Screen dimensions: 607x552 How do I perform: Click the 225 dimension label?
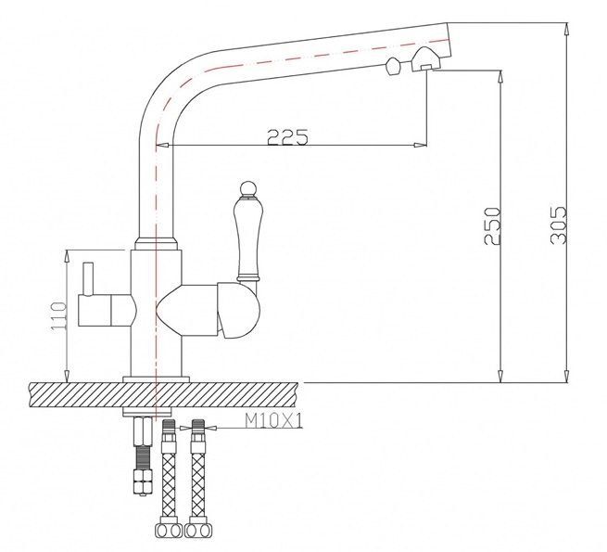(x=287, y=136)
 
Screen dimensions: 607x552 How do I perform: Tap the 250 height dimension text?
(x=492, y=226)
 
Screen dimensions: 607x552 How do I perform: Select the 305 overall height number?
(x=558, y=225)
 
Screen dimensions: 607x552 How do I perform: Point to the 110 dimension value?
(x=58, y=315)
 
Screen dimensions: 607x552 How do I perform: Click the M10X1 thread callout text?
(x=273, y=420)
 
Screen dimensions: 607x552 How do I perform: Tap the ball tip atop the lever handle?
(x=247, y=188)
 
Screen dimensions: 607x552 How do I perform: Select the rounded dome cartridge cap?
(x=237, y=310)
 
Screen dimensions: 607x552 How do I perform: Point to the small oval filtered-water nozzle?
(x=392, y=66)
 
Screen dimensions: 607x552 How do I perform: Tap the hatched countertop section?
(x=164, y=395)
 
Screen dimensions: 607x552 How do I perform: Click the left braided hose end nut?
(x=169, y=530)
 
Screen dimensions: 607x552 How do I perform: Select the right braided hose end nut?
(x=198, y=530)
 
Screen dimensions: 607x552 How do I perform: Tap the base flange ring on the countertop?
(x=156, y=379)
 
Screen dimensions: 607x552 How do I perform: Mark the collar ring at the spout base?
(x=156, y=243)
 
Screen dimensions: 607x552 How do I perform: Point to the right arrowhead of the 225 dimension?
(x=420, y=146)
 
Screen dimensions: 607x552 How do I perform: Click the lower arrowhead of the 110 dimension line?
(x=67, y=376)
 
